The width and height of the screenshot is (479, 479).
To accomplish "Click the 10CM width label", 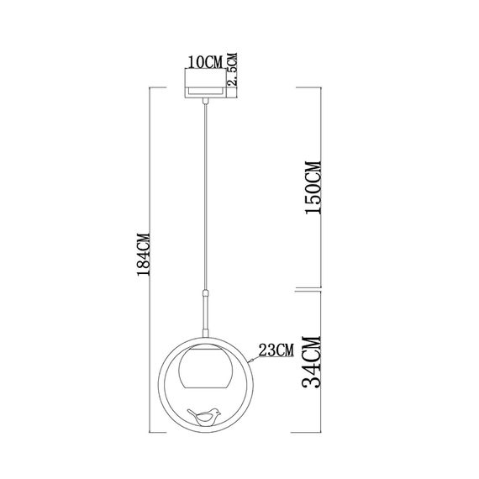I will (x=205, y=62).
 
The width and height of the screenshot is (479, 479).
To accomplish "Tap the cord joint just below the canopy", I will (x=205, y=102).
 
